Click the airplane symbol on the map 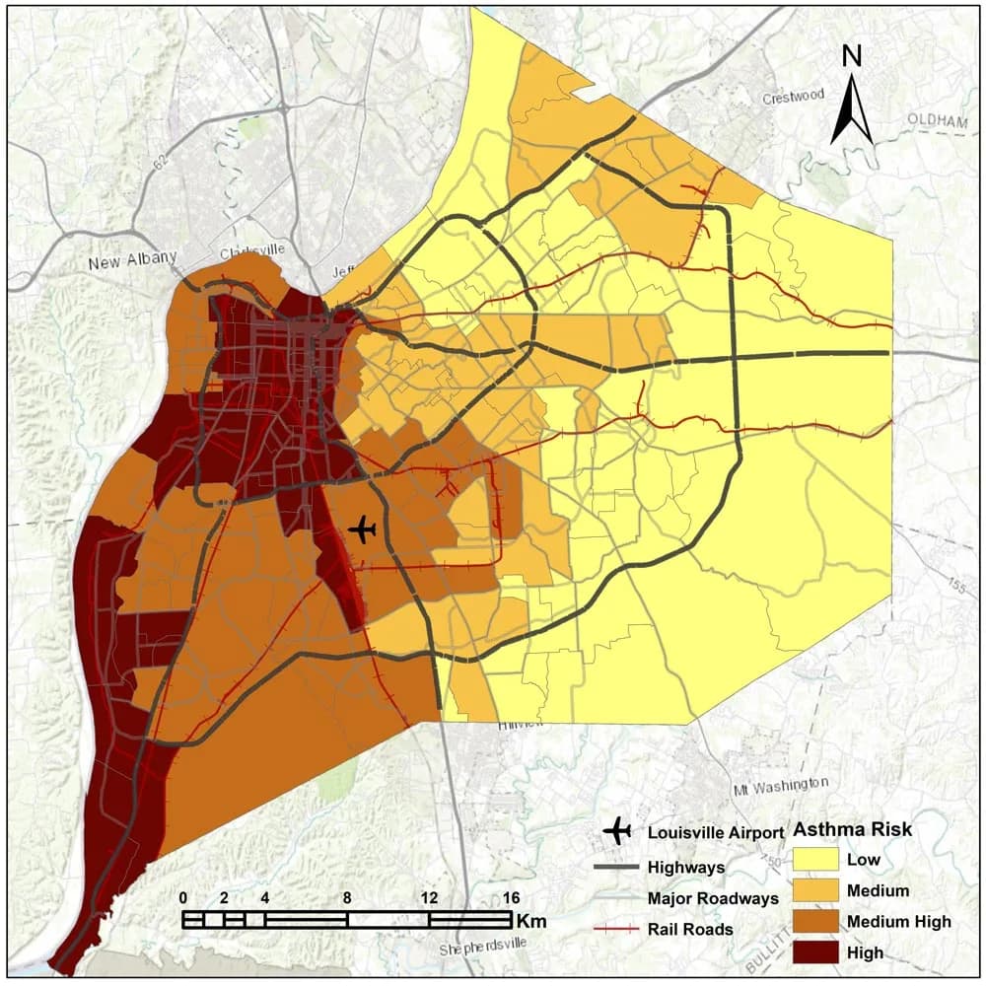coord(363,529)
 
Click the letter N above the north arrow coord(853,57)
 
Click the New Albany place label coord(131,262)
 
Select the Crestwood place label coord(792,98)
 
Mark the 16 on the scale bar coord(511,898)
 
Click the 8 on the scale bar coord(347,898)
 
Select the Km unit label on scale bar coord(528,920)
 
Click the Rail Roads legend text coord(690,929)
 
